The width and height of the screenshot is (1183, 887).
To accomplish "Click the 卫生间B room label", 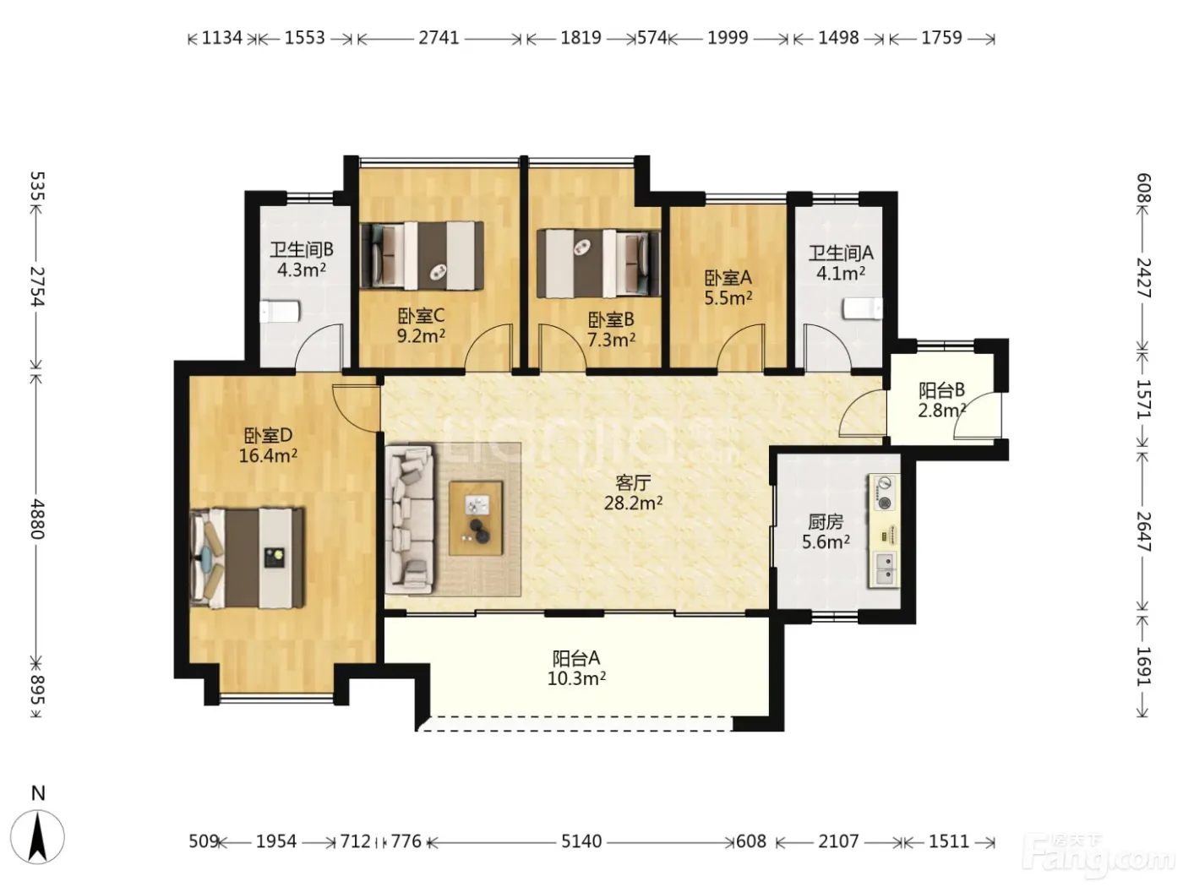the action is [x=302, y=249].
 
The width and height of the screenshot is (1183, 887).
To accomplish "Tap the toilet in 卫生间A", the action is [x=863, y=308].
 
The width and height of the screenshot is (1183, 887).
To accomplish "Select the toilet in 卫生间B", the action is [x=279, y=312].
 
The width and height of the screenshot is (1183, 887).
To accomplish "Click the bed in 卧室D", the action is [x=248, y=558].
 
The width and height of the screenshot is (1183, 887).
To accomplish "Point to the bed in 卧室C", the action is [x=422, y=256].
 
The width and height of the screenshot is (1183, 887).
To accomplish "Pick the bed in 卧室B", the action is [x=599, y=264].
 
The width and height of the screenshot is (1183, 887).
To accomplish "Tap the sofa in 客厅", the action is [x=410, y=520].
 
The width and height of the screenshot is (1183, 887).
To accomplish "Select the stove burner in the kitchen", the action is [x=883, y=492].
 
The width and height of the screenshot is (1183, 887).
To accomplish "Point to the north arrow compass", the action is [x=38, y=836].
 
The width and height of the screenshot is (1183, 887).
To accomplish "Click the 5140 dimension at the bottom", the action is [x=581, y=841].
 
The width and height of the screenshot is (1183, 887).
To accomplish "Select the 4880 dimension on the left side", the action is [x=37, y=519].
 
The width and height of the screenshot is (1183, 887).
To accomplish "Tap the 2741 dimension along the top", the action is [x=439, y=38].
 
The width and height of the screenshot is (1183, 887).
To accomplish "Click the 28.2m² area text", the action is [x=633, y=503].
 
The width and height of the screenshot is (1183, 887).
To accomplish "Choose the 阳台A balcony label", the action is [x=576, y=657].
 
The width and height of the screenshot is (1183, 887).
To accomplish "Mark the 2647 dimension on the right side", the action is [x=1143, y=531].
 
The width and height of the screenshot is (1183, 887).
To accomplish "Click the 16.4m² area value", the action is [x=268, y=455].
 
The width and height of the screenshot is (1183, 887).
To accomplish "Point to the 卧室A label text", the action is [x=728, y=278].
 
